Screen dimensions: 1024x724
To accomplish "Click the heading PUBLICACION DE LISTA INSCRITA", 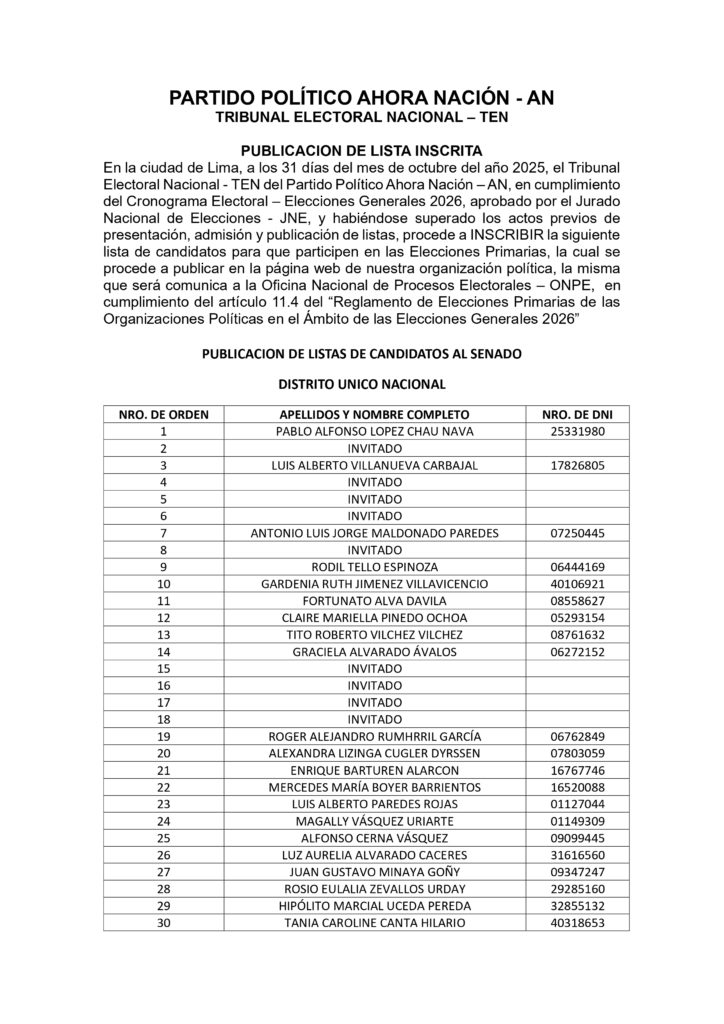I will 361,149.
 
